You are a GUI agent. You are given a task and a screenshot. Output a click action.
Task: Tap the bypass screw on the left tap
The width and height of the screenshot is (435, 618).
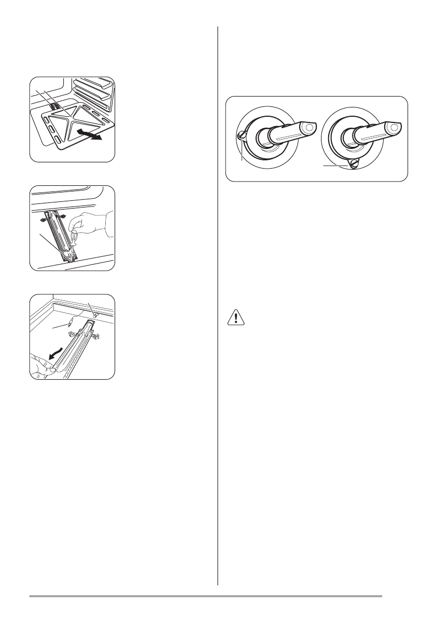point(242,135)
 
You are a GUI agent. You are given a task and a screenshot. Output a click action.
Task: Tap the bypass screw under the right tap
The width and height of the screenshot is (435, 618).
point(353,163)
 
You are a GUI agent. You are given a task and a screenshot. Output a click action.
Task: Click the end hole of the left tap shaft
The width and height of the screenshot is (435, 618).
point(310,126)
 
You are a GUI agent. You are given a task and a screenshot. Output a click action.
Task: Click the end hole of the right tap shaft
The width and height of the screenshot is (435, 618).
point(397,126)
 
